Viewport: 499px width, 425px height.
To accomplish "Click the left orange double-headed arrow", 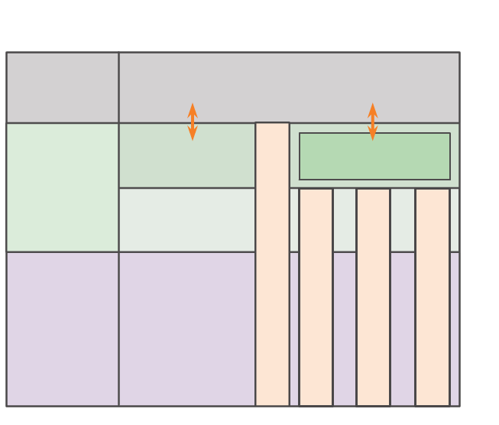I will coord(193,122).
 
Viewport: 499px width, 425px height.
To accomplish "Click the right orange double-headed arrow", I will coord(373,122).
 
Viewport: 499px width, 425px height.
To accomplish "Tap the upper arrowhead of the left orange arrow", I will coord(193,108).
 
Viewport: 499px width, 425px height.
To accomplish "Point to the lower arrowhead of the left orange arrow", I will coord(193,135).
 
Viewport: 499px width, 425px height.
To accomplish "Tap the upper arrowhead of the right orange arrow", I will coord(373,108).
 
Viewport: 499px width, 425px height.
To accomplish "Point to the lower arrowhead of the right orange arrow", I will coord(373,135).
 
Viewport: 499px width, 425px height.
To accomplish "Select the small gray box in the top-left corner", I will coord(63,87).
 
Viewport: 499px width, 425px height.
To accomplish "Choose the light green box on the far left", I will coord(63,187).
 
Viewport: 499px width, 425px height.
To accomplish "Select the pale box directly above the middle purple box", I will coord(187,219).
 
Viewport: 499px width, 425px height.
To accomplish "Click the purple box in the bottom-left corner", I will coord(63,329).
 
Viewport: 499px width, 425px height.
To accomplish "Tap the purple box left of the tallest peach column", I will coord(187,329).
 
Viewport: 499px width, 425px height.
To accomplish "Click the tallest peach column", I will coord(272,264).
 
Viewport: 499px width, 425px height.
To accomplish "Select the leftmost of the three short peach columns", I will coord(316,297).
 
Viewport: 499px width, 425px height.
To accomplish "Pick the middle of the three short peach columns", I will coord(373,297).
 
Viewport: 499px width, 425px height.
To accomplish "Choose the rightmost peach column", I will coord(432,297).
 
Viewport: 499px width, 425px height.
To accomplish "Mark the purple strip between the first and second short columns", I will coord(345,329).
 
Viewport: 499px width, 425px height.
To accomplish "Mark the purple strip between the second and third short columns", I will coord(403,329).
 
